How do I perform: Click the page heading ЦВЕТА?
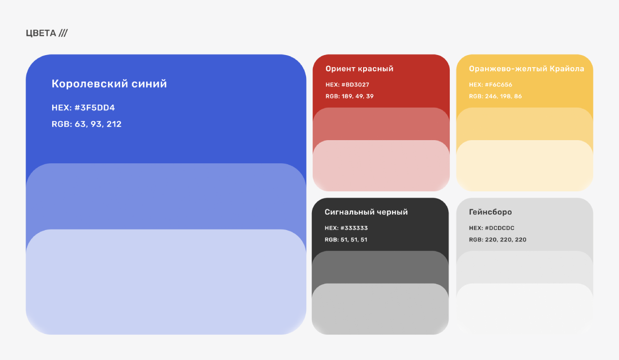coord(41,33)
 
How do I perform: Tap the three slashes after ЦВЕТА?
coord(63,33)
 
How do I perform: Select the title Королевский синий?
coord(109,84)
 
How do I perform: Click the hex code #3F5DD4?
coord(94,107)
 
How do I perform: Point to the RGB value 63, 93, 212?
coord(98,124)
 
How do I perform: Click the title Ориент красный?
coord(359,69)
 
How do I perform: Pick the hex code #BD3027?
coord(355,85)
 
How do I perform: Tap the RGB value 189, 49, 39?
coord(357,96)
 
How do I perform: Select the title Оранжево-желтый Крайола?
coord(527,69)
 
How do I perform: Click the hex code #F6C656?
coord(499,85)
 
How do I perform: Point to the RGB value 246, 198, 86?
coord(503,96)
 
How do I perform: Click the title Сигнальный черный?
coord(366,212)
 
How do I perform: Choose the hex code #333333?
coord(354,228)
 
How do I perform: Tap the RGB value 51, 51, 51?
coord(354,240)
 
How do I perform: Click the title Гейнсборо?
coord(490,212)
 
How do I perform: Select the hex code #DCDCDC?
coord(500,228)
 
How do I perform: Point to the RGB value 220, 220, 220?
coord(506,240)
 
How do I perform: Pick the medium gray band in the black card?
coord(380,267)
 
